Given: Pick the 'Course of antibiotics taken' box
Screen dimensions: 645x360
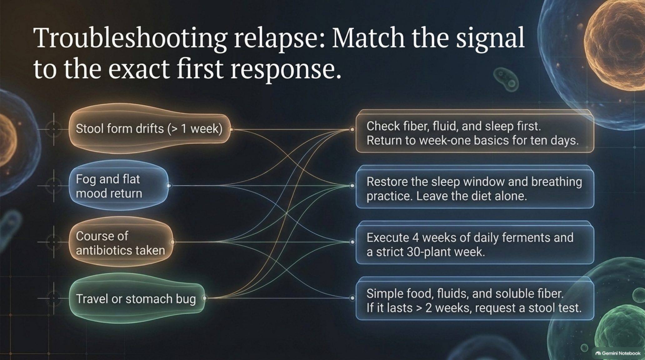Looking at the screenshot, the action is point(121,242).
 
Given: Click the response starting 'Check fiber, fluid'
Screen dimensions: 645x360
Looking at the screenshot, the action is point(475,131).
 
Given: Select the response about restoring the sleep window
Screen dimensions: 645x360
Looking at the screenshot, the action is point(475,187).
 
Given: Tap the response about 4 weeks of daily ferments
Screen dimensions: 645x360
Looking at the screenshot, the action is point(475,243).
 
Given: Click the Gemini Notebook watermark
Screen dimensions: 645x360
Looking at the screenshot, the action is point(618,353).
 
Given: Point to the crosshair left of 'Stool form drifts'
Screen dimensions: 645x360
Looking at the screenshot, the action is point(54,129).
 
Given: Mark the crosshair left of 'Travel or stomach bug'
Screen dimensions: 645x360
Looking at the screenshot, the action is point(54,298).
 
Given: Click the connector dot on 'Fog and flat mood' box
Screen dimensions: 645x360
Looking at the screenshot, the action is point(169,186).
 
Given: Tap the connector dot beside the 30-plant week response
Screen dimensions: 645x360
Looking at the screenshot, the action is point(352,242).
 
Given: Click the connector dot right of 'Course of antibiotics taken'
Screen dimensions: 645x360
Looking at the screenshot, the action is point(172,242).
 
